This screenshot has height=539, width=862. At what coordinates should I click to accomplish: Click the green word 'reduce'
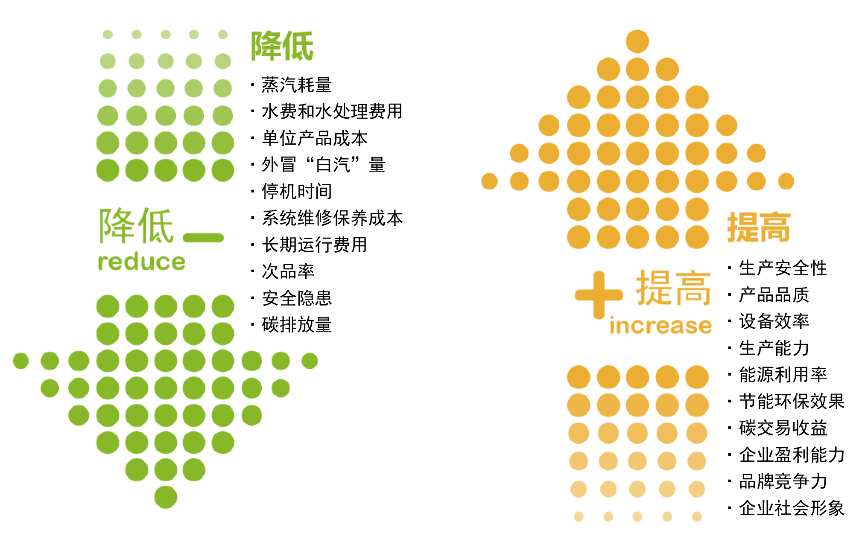coord(141,262)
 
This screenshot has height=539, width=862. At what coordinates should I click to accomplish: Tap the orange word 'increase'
coord(660,325)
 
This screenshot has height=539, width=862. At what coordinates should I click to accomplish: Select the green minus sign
coord(203,238)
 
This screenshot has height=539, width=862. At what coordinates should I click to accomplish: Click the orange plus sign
coord(599,295)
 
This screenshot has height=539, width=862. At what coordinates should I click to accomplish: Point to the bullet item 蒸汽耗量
coord(297,84)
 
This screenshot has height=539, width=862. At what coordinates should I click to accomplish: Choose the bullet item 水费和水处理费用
coord(332,111)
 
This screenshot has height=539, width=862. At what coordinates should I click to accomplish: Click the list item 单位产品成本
coord(315,138)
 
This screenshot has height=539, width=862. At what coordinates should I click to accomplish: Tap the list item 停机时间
coord(297,191)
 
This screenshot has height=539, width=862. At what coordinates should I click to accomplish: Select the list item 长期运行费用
coord(315,245)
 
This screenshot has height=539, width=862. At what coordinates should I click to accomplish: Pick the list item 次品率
coord(288,271)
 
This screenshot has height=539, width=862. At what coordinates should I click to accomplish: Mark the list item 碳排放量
coord(297,325)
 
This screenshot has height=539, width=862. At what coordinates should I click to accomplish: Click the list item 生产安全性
coord(783,268)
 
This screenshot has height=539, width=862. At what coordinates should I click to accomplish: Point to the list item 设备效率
coord(774,321)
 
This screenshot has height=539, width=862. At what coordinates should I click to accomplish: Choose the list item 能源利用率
coord(783,375)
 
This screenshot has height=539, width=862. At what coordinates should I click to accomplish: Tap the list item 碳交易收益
coord(783,428)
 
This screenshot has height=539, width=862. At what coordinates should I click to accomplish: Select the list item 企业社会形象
coord(792,508)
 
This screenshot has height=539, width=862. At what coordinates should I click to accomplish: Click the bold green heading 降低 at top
coord(282,46)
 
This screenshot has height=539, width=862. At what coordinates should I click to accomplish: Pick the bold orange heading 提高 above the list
coord(759,227)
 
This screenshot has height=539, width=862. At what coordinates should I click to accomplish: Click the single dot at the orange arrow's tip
coord(637,41)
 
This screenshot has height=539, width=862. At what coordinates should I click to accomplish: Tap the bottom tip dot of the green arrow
coord(166,497)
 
